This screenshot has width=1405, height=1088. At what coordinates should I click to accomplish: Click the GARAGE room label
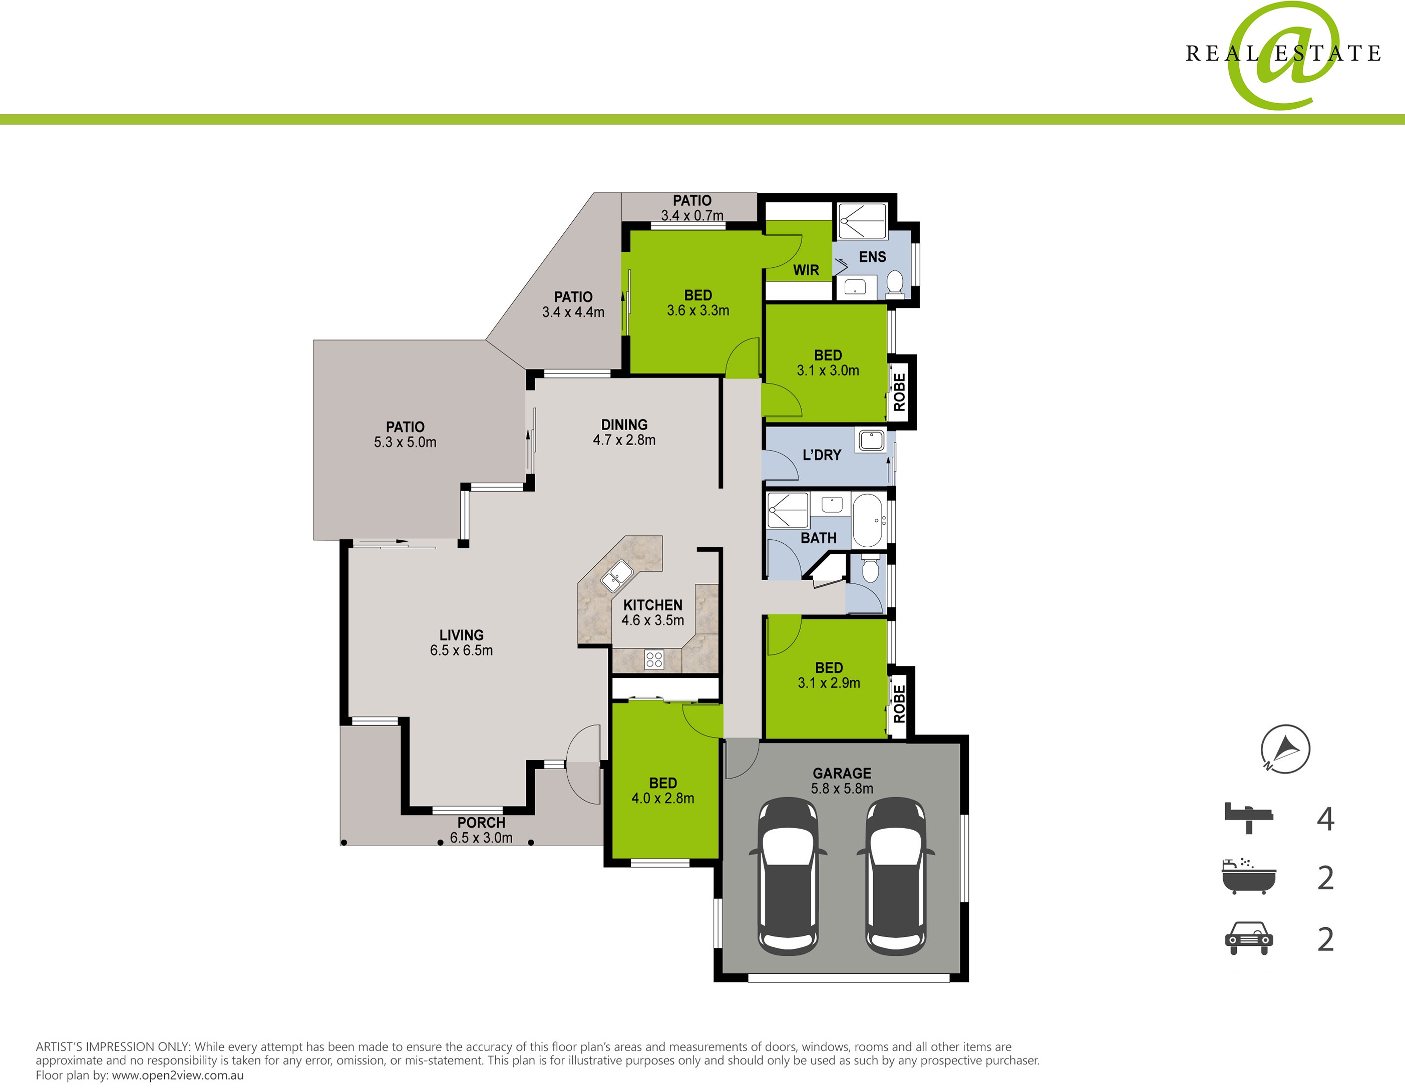[x=842, y=774]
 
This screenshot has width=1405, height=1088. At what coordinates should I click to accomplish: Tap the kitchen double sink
[x=616, y=576]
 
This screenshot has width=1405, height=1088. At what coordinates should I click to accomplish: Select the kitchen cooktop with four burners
[x=654, y=659]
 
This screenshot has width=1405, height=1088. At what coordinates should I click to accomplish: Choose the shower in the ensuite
[x=862, y=221]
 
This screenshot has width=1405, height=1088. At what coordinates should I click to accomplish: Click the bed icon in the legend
[x=1249, y=818]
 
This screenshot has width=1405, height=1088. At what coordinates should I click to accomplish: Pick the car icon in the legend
[x=1249, y=939]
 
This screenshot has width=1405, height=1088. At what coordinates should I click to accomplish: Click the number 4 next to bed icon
[x=1325, y=819]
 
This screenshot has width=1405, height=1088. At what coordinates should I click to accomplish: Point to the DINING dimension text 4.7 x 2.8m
[x=624, y=440]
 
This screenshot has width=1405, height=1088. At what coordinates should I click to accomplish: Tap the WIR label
[x=806, y=270]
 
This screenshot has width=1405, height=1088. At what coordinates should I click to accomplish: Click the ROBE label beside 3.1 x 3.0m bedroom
[x=899, y=393]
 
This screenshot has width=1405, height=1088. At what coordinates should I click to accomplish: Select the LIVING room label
[x=461, y=635]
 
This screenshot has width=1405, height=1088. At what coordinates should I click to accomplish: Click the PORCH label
[x=481, y=823]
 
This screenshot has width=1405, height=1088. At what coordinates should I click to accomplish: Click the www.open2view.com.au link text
[x=178, y=1075]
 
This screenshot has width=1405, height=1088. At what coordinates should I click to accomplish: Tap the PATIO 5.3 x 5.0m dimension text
[x=405, y=443]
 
